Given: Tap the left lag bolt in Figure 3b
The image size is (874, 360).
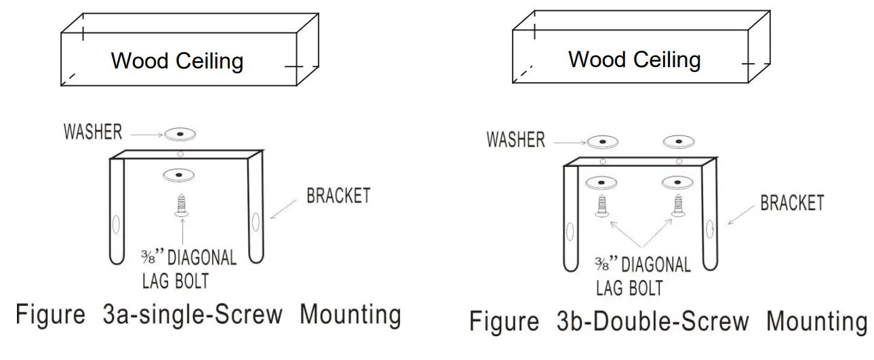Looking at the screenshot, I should [x=601, y=205].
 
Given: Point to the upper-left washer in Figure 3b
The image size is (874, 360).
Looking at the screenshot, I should [x=602, y=142].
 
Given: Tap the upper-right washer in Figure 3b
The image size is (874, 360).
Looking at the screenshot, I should [x=678, y=142].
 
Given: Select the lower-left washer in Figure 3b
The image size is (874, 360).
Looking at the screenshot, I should [x=602, y=182].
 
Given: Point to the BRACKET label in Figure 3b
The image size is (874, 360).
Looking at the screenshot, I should [x=792, y=203].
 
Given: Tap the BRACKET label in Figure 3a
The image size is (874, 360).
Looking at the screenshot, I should [x=338, y=197].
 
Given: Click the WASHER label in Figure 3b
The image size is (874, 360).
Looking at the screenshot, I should [x=515, y=140].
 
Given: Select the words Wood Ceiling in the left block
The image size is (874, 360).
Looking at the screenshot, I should [x=177, y=61].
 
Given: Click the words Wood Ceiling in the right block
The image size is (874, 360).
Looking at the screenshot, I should [x=634, y=59].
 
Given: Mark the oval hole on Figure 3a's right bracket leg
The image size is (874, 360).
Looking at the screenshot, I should [x=255, y=222].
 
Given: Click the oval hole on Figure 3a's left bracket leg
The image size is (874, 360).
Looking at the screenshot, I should [x=115, y=224].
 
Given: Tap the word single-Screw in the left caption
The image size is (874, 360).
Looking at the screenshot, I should [x=207, y=315].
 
